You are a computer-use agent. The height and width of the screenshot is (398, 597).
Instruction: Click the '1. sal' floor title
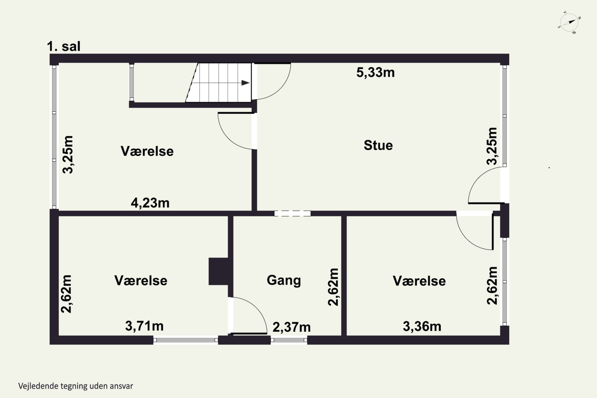click(x=64, y=46)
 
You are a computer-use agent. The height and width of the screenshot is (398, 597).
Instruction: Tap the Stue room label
click(x=378, y=145)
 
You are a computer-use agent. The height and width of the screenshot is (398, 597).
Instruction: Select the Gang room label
click(x=284, y=280)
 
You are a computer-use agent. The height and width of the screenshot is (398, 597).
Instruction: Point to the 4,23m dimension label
click(x=150, y=203)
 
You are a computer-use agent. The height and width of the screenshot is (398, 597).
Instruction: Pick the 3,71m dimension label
click(x=144, y=326)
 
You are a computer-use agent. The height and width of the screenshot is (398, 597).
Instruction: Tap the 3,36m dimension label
click(x=422, y=326)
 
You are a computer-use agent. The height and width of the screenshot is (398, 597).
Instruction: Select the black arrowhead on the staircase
click(x=245, y=83)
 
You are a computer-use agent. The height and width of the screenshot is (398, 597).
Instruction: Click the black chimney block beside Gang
click(x=218, y=271)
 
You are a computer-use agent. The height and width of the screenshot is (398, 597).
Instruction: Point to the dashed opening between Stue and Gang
click(x=292, y=214)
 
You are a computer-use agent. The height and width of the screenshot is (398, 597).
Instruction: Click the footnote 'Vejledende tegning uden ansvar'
click(x=76, y=386)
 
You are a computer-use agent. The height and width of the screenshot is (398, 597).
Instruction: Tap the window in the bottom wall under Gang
click(x=289, y=340)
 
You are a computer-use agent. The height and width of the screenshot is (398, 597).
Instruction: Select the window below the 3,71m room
click(x=185, y=340)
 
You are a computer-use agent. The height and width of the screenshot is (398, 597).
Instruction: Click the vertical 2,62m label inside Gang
click(x=333, y=287)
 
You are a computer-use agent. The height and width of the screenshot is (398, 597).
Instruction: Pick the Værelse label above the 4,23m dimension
click(x=147, y=151)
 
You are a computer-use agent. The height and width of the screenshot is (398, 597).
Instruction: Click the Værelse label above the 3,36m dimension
click(x=419, y=281)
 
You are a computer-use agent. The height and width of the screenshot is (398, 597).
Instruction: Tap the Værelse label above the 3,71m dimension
click(x=141, y=280)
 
